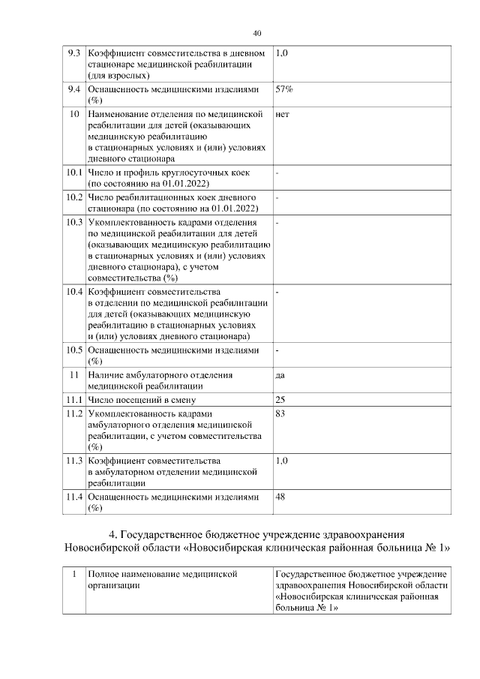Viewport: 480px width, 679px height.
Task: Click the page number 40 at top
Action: tap(257, 33)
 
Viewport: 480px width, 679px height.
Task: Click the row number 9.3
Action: tap(73, 54)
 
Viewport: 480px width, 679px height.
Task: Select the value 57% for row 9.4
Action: tap(284, 89)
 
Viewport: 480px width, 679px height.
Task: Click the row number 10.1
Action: tap(73, 173)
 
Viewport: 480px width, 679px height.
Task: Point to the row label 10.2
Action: tap(73, 197)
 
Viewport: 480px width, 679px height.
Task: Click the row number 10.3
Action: tap(73, 223)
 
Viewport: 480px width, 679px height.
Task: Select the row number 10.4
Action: tap(73, 290)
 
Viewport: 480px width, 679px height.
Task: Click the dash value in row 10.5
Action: tap(277, 350)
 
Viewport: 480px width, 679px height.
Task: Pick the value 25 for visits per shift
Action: tap(281, 399)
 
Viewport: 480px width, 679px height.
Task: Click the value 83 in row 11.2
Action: tap(281, 413)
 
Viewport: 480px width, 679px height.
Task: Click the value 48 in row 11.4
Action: tap(281, 497)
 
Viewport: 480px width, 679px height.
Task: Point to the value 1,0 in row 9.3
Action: tap(283, 54)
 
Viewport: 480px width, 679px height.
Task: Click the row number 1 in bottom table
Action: tap(73, 574)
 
